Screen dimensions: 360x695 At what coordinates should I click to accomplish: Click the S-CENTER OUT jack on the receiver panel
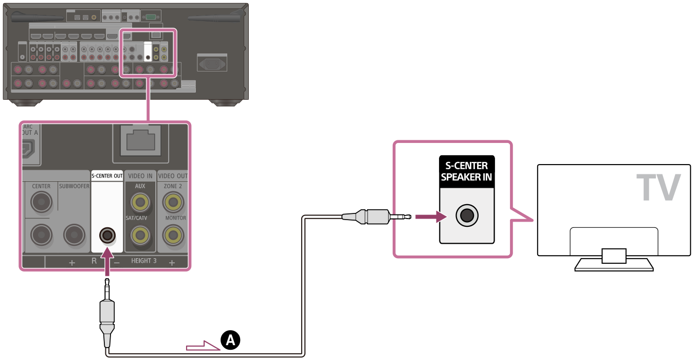(107, 236)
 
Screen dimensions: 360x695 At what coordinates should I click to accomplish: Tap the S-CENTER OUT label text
(107, 176)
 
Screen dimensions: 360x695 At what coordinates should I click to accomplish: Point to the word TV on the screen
(658, 188)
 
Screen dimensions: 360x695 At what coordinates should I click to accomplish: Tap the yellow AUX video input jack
(140, 203)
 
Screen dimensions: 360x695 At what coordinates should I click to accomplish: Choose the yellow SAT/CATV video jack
(140, 236)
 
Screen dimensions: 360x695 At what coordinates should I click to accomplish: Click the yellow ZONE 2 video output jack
(173, 203)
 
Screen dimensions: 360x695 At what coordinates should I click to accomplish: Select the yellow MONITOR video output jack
(173, 236)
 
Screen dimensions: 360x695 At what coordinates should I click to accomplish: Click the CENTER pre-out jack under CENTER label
(41, 203)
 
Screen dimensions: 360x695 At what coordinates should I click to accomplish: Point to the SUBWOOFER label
(74, 186)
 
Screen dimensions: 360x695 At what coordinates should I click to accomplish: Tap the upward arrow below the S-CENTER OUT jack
(107, 260)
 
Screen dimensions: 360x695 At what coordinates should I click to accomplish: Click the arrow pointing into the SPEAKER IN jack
(429, 216)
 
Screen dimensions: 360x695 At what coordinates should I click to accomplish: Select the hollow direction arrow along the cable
(203, 346)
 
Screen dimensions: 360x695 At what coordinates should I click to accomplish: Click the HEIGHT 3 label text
(144, 261)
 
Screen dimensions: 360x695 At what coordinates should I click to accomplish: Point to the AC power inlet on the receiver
(211, 64)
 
